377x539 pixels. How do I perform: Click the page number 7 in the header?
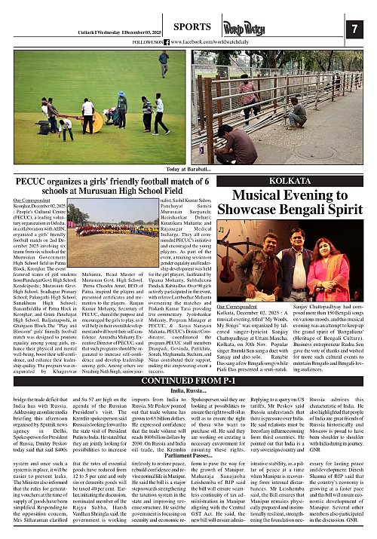pos(354,29)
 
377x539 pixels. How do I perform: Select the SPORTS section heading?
pos(185,26)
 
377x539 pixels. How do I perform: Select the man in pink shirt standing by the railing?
pos(246,91)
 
